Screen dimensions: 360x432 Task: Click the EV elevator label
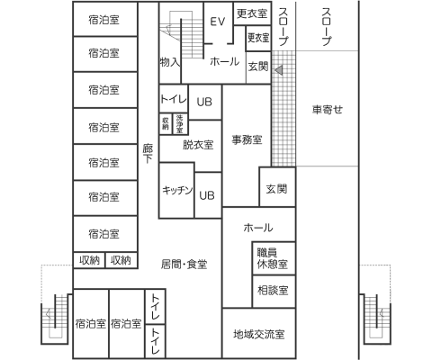tap(217, 22)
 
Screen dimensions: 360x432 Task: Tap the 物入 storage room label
tap(170, 63)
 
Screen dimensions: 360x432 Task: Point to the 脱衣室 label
tap(197, 144)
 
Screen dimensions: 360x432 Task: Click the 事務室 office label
tap(247, 139)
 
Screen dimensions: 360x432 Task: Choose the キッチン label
tap(176, 190)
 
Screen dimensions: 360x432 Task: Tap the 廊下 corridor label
tap(148, 152)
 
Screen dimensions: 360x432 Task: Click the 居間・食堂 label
tap(184, 264)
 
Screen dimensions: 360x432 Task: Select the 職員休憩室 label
tap(271, 259)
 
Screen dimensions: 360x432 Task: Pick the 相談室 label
tap(271, 291)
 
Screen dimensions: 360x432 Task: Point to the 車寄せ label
tap(328, 111)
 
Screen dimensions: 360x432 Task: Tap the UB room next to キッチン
tap(207, 194)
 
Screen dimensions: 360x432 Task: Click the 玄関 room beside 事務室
tap(275, 189)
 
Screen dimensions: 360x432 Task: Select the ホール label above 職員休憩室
tap(258, 229)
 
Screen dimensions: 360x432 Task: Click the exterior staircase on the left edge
tap(54, 319)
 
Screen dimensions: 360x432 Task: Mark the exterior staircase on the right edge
tap(376, 319)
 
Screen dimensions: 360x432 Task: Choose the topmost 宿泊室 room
tap(104, 19)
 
